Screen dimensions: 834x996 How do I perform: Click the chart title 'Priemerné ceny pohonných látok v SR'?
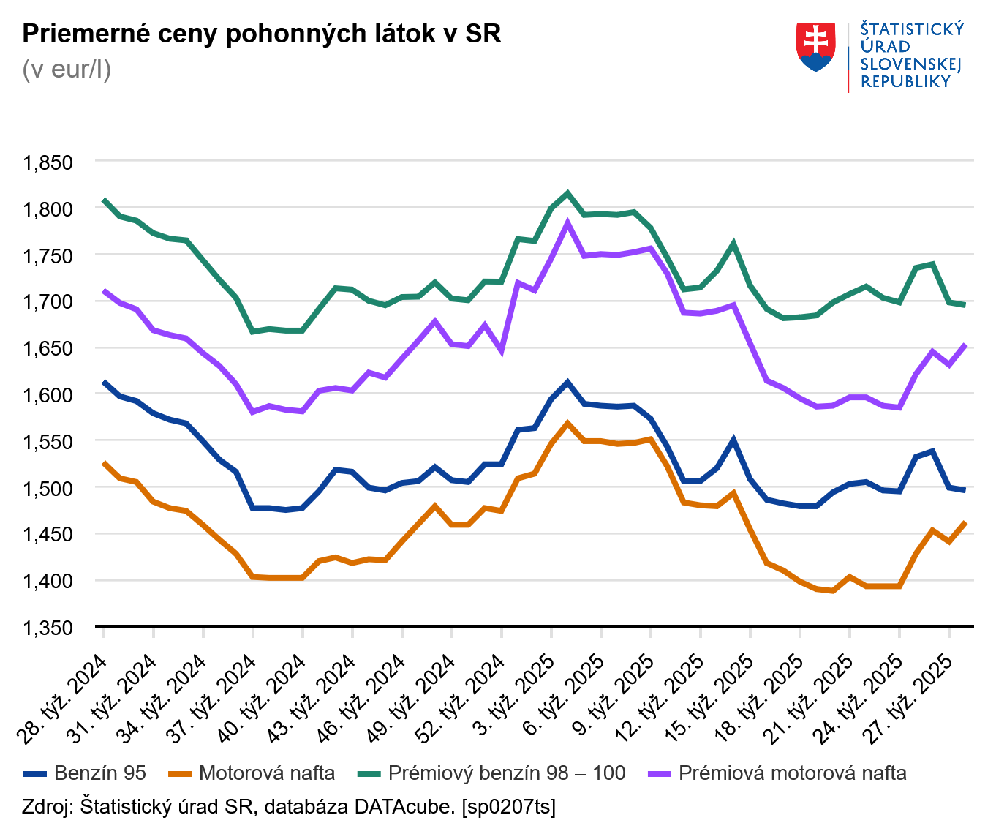click(x=262, y=34)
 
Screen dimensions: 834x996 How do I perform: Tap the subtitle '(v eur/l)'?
click(x=67, y=69)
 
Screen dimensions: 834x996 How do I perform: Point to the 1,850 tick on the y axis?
click(x=48, y=162)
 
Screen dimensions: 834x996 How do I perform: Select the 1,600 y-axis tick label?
click(x=48, y=395)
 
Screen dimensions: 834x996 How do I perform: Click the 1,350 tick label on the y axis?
click(x=48, y=628)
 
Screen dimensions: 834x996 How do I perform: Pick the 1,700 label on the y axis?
click(x=48, y=302)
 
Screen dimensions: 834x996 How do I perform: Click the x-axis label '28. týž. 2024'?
click(x=64, y=699)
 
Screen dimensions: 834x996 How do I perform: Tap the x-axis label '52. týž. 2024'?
click(x=462, y=699)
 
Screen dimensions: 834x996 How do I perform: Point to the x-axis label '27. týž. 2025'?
click(x=910, y=699)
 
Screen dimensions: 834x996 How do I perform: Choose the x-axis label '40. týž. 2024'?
click(x=263, y=699)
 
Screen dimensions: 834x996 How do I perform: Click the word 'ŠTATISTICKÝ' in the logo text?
click(x=912, y=29)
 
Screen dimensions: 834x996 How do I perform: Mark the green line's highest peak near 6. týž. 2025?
click(x=567, y=193)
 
